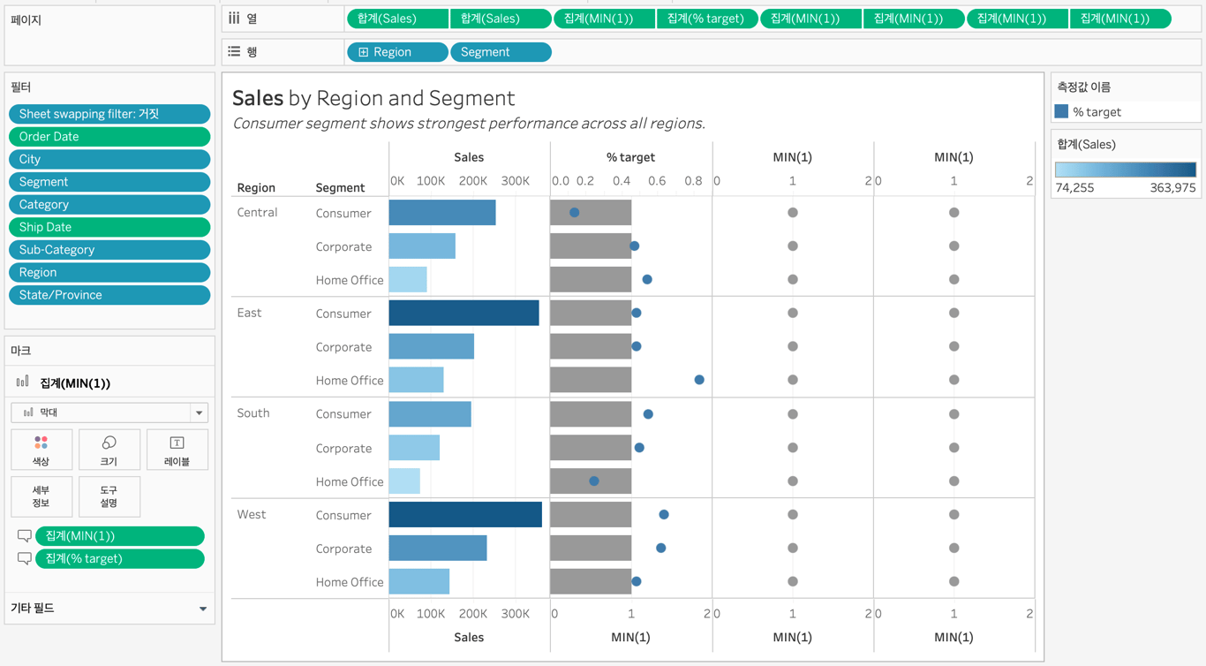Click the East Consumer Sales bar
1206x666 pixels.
464,313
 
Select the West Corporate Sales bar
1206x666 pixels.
438,549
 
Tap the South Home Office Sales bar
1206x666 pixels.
404,481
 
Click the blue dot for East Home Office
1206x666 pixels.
699,380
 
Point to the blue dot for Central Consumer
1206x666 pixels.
574,213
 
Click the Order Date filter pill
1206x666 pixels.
109,137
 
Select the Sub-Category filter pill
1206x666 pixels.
109,250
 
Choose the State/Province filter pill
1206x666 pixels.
109,295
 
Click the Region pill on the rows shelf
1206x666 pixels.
397,52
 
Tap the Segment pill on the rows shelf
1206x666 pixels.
501,52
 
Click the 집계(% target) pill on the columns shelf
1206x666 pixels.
706,19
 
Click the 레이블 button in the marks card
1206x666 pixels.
177,450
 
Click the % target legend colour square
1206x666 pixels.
1061,111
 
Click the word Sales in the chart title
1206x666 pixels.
258,98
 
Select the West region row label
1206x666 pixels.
252,515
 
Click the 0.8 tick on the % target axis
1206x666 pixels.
693,181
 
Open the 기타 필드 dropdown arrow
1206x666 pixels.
203,609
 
